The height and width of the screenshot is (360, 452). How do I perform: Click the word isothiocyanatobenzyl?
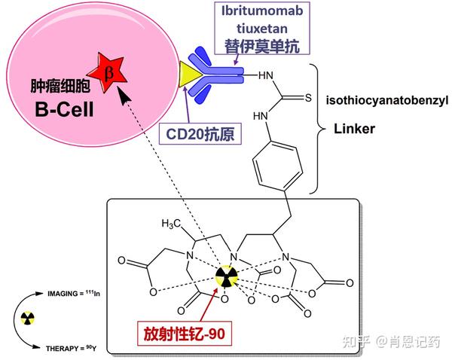pos(386,99)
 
